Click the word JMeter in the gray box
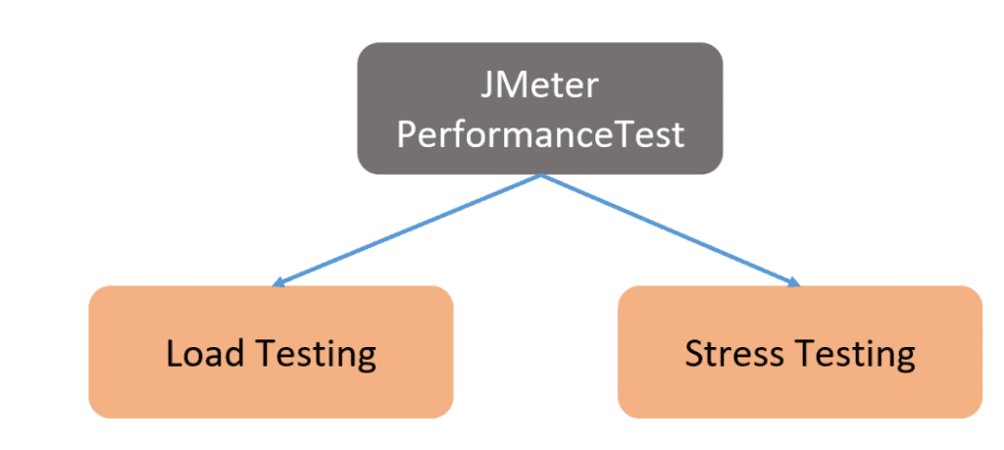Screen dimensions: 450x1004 (539, 86)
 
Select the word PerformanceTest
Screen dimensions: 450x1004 (539, 134)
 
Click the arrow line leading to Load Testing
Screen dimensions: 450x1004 (407, 230)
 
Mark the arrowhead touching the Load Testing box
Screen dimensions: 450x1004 (278, 283)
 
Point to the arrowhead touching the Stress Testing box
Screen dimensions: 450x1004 (795, 283)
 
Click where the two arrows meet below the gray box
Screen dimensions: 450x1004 (540, 176)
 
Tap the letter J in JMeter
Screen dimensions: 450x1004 (487, 86)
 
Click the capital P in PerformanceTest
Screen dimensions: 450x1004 (404, 134)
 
